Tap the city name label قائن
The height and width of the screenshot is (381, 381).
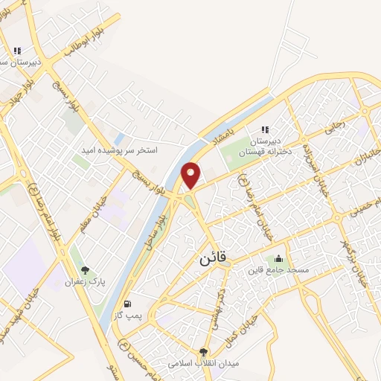pyautogui.click(x=217, y=260)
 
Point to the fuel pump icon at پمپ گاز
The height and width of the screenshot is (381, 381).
pyautogui.click(x=127, y=304)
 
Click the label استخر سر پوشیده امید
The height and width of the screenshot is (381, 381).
pyautogui.click(x=120, y=150)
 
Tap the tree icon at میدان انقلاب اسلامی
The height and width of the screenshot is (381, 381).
pyautogui.click(x=204, y=352)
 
